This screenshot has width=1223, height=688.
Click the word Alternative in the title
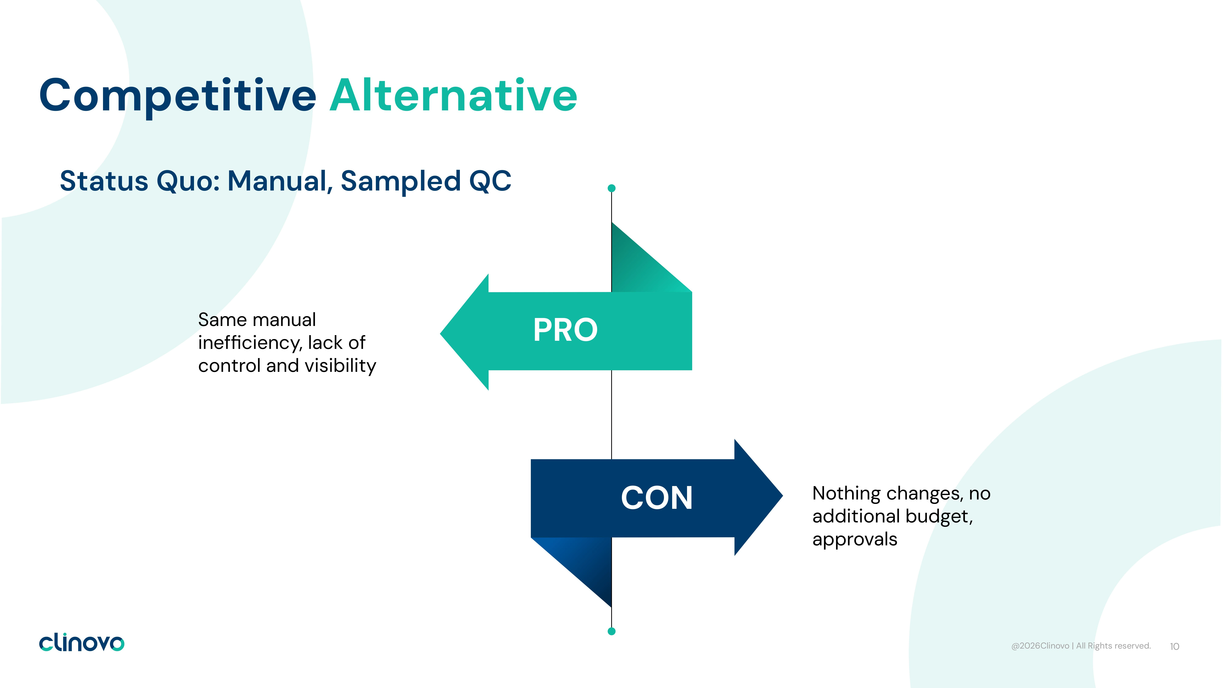(x=453, y=95)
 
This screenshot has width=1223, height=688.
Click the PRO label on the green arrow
(x=565, y=330)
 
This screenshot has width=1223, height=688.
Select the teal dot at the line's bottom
(x=611, y=631)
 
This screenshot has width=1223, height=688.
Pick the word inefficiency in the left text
(x=250, y=343)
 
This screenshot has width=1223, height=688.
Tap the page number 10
(x=1175, y=646)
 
